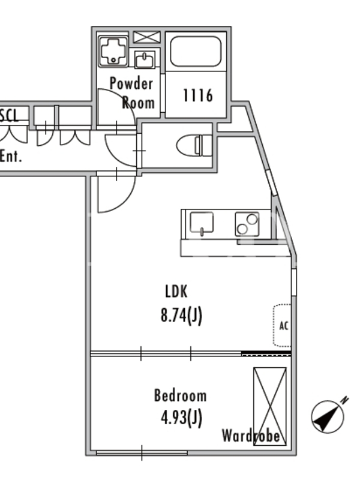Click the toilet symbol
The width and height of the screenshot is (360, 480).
click(x=194, y=145)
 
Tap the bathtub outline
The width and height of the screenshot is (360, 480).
click(x=196, y=51)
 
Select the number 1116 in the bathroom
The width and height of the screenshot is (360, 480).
click(x=198, y=95)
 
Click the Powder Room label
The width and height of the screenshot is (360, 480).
click(x=132, y=92)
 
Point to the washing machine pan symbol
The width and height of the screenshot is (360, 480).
click(x=113, y=51)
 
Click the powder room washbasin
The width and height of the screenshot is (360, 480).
click(x=145, y=59)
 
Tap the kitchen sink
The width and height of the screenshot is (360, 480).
click(x=202, y=224)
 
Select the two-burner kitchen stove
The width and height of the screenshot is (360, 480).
click(x=247, y=224)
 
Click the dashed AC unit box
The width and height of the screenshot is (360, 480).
click(x=282, y=325)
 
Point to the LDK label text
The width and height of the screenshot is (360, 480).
click(x=176, y=291)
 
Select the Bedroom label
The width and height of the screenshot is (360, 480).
click(x=181, y=395)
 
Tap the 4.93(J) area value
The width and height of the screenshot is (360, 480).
click(x=182, y=418)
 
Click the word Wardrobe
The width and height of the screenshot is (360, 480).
click(x=251, y=436)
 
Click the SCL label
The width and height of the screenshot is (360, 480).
click(x=9, y=115)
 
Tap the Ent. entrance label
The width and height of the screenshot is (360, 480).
click(x=11, y=156)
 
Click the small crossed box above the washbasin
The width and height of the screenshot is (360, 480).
click(x=147, y=37)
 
